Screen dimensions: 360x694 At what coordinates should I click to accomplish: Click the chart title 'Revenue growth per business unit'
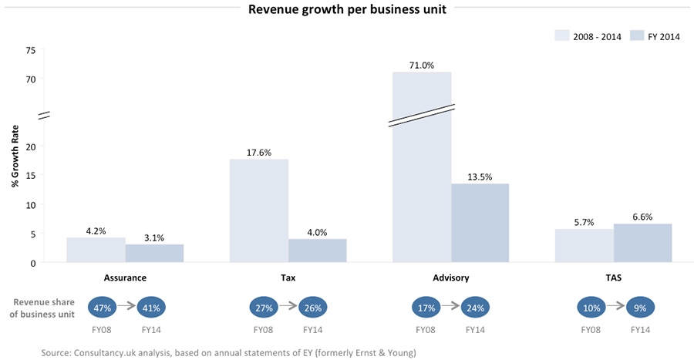tap(346, 10)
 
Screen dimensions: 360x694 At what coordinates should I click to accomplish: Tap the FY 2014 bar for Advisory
tap(480, 223)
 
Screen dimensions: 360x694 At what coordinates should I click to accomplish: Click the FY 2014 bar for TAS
tap(643, 243)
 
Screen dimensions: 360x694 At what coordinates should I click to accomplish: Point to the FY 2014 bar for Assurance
tap(154, 253)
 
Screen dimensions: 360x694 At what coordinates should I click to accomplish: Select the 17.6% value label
tap(259, 153)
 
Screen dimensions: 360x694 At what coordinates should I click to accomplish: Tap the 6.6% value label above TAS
tap(643, 217)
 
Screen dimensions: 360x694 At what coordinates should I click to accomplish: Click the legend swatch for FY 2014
tap(637, 35)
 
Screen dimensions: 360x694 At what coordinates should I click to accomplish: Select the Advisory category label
tap(450, 276)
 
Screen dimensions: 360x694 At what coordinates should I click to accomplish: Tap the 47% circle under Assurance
tap(103, 308)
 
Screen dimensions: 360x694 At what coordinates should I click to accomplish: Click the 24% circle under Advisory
tap(476, 308)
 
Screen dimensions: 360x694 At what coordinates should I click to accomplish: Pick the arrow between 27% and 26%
tap(289, 308)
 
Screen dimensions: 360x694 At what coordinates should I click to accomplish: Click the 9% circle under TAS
tap(640, 308)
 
